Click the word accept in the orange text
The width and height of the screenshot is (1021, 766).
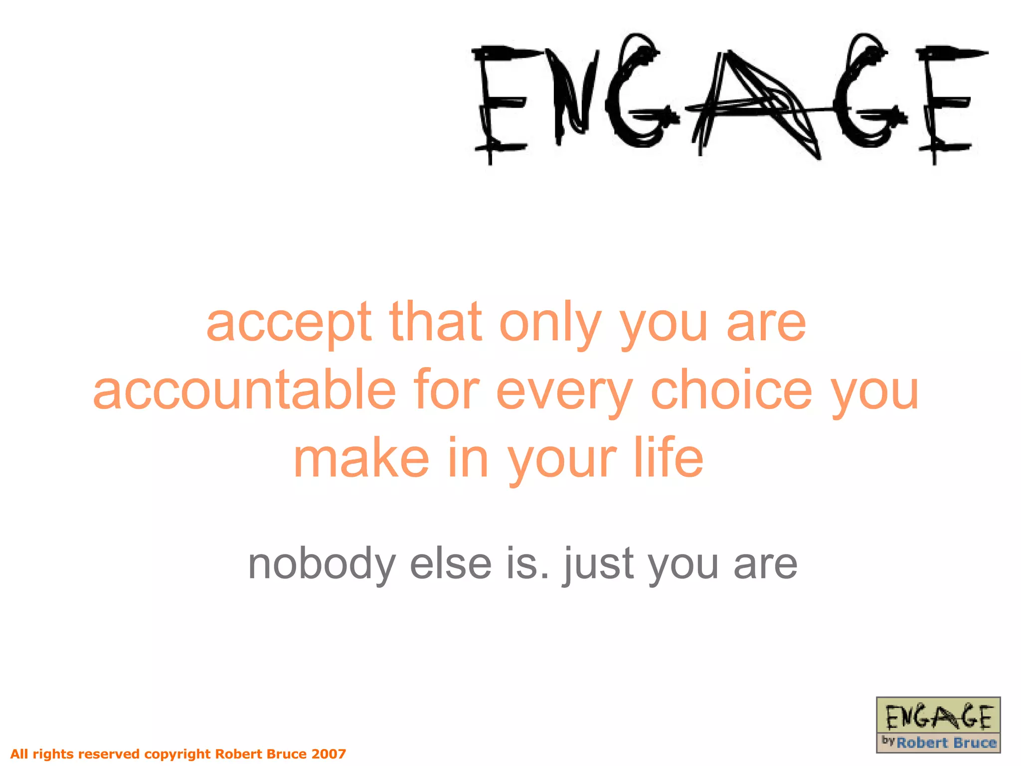[x=289, y=324]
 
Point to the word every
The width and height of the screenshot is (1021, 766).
[x=564, y=392]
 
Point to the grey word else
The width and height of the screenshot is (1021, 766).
[x=451, y=564]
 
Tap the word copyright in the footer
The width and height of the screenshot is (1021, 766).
[x=177, y=754]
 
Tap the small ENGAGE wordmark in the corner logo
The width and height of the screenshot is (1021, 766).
[x=938, y=717]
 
